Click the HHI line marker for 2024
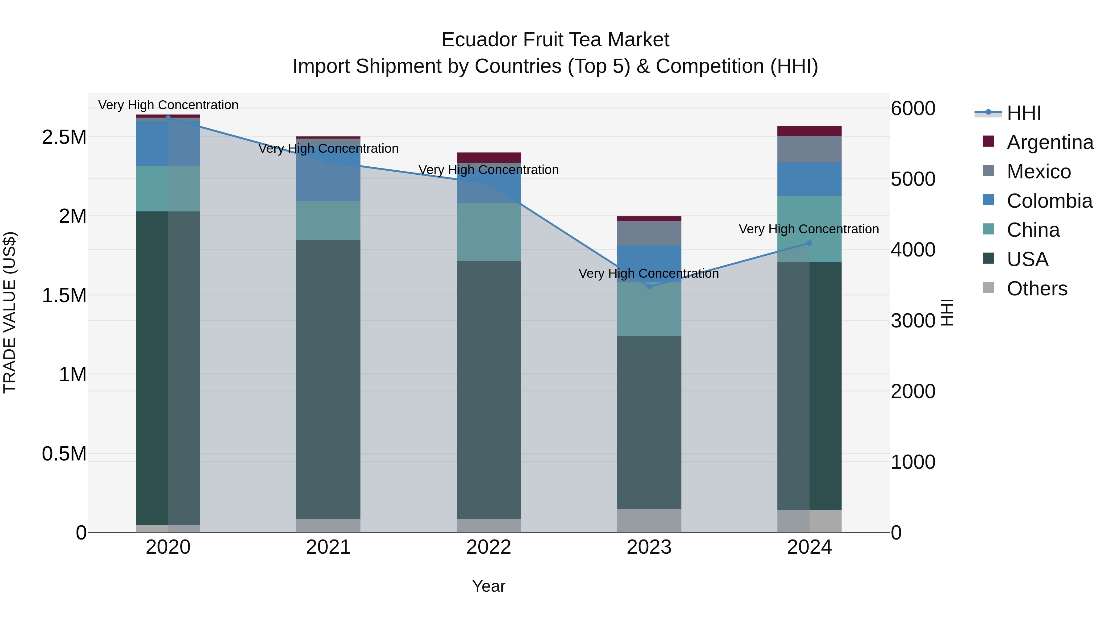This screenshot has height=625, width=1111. (809, 243)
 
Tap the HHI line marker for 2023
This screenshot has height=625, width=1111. (649, 287)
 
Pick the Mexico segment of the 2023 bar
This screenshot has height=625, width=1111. (649, 233)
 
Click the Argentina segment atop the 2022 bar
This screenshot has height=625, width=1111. (489, 157)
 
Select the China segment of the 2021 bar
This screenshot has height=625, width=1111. (328, 220)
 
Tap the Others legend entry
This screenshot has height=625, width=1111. (1037, 289)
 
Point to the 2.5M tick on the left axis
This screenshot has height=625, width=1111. (64, 137)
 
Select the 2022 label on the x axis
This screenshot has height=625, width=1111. (489, 547)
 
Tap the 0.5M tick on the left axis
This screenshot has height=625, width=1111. (64, 454)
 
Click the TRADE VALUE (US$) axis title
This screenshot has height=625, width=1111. (10, 312)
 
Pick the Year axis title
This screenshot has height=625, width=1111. (489, 586)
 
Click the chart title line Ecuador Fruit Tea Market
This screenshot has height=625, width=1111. (555, 40)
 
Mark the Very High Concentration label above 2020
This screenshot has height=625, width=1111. (168, 105)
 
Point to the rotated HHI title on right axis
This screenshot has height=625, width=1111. (947, 312)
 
